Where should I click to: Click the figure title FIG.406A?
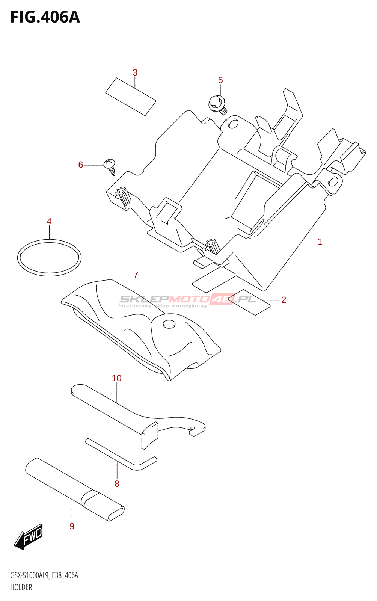(x=45, y=17)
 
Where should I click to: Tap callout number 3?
(x=135, y=72)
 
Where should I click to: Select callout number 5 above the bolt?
(x=220, y=80)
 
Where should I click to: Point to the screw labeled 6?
(x=110, y=165)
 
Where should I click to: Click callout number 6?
(x=80, y=165)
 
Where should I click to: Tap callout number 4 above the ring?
(x=49, y=221)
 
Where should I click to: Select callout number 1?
(x=320, y=242)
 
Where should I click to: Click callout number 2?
(x=284, y=299)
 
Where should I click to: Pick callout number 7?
(x=136, y=275)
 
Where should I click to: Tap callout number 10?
(x=116, y=378)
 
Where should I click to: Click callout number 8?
(x=117, y=483)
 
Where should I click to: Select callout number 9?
(x=72, y=526)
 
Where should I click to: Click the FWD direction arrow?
(x=29, y=537)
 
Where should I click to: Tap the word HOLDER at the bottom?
(x=21, y=587)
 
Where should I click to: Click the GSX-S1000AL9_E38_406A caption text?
(x=44, y=575)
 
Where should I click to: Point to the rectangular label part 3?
(x=130, y=97)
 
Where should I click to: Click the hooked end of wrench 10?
(x=197, y=429)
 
